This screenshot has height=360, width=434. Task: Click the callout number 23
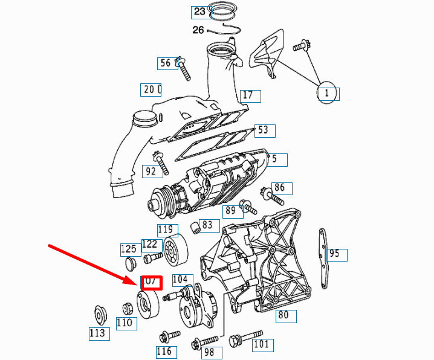click(199, 11)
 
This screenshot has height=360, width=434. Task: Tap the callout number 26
click(198, 30)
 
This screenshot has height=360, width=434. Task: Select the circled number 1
click(327, 93)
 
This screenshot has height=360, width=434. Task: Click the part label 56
click(165, 63)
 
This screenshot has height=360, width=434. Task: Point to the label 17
click(247, 95)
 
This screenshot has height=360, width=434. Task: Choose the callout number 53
click(262, 130)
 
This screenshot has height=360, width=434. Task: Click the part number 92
click(151, 171)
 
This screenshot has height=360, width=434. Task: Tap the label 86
click(279, 187)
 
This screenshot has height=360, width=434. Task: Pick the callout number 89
click(230, 211)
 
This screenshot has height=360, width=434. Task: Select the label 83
click(207, 225)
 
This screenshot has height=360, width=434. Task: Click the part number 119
click(166, 230)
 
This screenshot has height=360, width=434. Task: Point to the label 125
click(128, 249)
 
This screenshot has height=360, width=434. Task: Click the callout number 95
click(334, 254)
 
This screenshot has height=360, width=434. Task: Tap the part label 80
click(283, 315)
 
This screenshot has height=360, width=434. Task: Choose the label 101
click(261, 345)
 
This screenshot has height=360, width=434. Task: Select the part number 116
click(164, 352)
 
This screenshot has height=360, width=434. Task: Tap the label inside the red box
click(151, 281)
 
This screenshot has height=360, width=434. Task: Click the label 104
click(180, 279)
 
